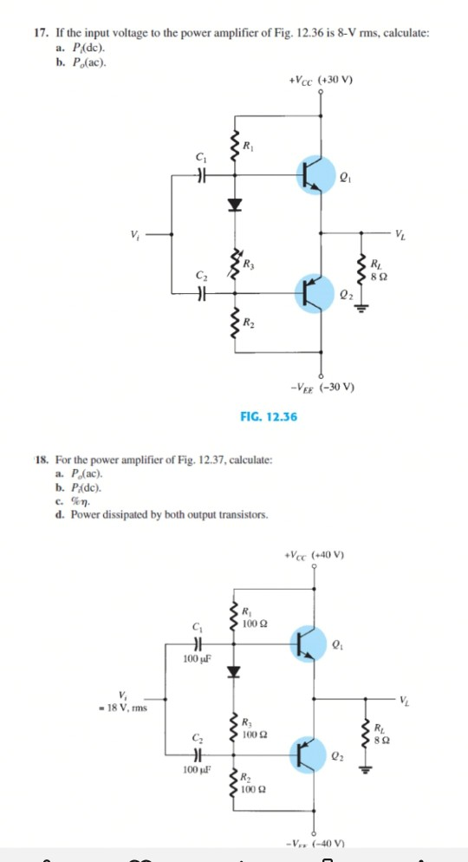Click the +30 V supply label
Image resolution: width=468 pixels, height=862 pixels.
tap(323, 82)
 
